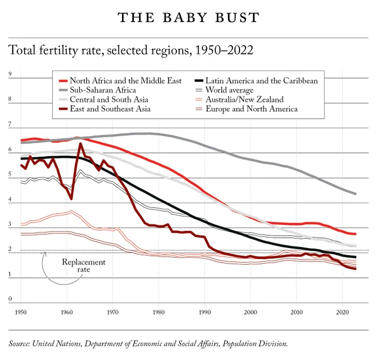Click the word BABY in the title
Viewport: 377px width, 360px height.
tap(185, 18)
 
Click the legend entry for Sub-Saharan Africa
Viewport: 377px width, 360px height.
tap(98, 90)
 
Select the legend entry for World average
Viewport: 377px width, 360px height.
tap(225, 90)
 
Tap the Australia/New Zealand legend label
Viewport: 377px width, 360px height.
tap(244, 100)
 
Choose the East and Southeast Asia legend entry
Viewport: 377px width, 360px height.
tap(105, 109)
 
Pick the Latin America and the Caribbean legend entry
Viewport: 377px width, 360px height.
tap(256, 81)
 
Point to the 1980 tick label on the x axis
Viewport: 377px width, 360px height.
tap(159, 312)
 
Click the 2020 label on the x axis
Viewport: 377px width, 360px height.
tap(343, 312)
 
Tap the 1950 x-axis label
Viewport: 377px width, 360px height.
tap(21, 312)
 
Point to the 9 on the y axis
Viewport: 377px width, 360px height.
tap(10, 74)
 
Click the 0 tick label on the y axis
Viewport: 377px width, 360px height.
tap(10, 299)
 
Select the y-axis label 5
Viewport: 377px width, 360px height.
tap(10, 174)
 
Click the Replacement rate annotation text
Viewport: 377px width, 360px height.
tap(84, 265)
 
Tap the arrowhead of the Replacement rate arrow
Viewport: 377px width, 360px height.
tap(45, 253)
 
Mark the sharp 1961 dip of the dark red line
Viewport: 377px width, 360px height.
tap(71, 199)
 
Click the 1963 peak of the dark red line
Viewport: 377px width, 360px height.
tap(80, 143)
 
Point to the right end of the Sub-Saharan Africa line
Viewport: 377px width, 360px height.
tap(355, 194)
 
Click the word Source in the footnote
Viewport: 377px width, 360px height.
tap(19, 344)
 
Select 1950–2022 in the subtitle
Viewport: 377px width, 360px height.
tap(224, 50)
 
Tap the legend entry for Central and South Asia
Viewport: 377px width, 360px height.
tap(103, 100)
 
